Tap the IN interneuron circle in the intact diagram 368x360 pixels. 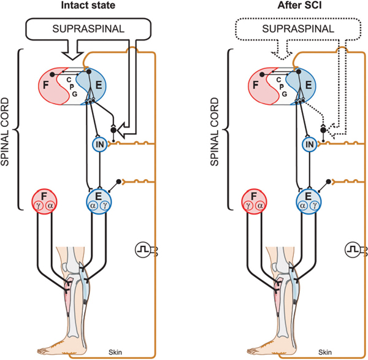pos(99,144)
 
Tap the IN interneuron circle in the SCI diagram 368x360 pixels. pos(310,144)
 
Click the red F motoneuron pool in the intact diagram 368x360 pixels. pos(45,201)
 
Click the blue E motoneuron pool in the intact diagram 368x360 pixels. pos(99,201)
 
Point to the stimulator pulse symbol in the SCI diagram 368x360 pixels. pos(352,250)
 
